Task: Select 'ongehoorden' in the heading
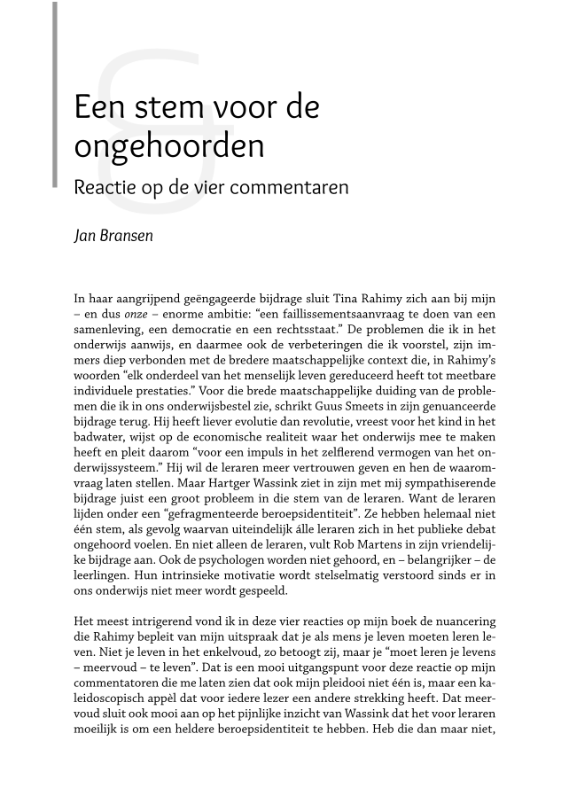168,146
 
